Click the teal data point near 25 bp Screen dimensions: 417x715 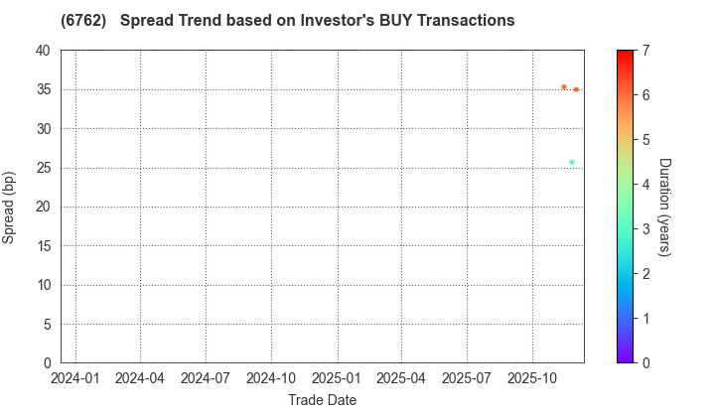tap(572, 162)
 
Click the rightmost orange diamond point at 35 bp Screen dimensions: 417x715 tap(576, 89)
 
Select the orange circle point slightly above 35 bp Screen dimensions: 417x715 tap(564, 87)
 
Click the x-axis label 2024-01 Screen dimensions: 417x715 tap(74, 378)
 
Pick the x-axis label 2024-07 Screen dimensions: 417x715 tap(206, 378)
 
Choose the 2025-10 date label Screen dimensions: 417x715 tap(532, 378)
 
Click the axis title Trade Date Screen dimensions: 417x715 tap(322, 399)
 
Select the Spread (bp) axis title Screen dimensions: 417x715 tap(10, 207)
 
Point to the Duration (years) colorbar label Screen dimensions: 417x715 tap(664, 207)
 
